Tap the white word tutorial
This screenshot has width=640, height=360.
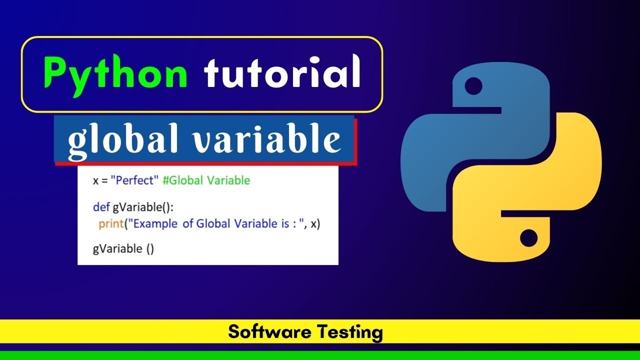tap(282, 72)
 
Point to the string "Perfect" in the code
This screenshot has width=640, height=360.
tap(133, 180)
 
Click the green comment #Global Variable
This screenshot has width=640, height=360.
tap(206, 180)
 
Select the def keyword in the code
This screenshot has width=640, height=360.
tap(101, 206)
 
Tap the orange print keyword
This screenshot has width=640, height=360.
tap(110, 224)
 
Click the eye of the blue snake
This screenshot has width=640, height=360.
tap(473, 86)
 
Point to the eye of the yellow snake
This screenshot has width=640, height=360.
tap(529, 238)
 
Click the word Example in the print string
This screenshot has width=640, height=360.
tap(155, 224)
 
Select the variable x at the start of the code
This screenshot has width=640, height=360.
tap(95, 181)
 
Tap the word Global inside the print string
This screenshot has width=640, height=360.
tap(214, 224)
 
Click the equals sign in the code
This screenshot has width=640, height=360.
tap(105, 181)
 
